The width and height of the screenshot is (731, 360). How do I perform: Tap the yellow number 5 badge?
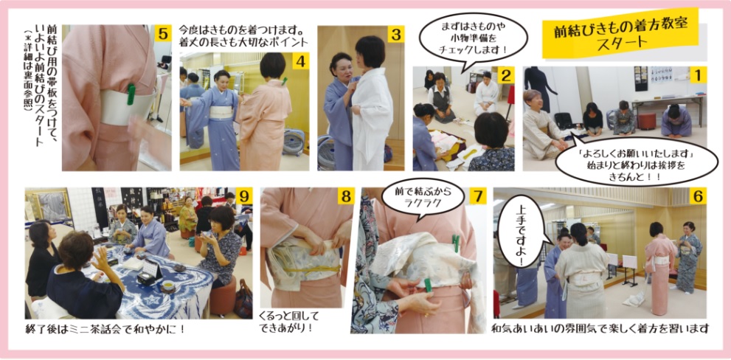[162, 34]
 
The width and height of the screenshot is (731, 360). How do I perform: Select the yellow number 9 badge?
[244, 196]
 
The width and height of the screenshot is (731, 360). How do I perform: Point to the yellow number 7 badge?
[477, 196]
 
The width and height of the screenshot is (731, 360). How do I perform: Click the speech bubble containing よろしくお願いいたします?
[637, 160]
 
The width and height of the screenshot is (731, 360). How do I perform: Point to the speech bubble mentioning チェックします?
[473, 38]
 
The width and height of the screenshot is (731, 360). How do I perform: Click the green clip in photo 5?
[131, 94]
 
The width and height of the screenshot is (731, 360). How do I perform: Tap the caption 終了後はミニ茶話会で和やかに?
[105, 329]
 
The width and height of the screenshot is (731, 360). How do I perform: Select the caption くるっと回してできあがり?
[285, 322]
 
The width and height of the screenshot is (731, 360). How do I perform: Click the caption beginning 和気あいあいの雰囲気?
[600, 329]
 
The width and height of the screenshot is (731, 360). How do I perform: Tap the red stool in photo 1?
[647, 121]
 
